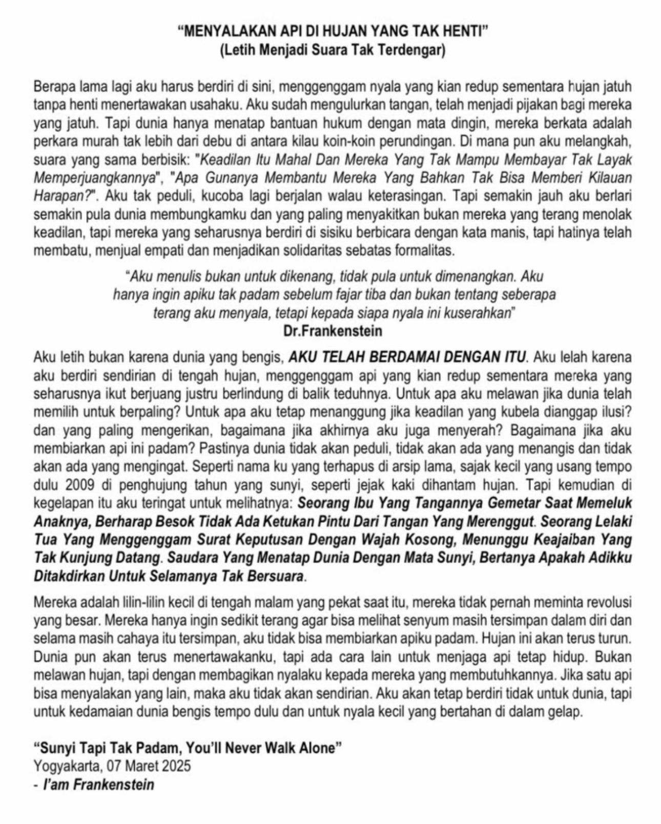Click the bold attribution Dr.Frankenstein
click(x=333, y=331)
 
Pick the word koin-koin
click(x=402, y=140)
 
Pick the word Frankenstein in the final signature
click(x=114, y=785)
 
